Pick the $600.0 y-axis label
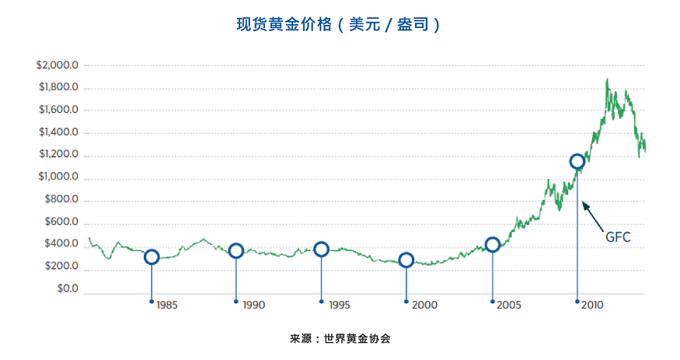point(61,222)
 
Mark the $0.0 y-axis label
point(66,289)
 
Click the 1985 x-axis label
point(167,306)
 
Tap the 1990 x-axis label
point(253,306)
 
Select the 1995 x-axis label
point(339,306)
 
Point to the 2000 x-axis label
point(424,306)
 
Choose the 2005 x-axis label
point(509,306)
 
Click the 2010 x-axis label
point(594,306)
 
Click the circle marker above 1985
point(152,257)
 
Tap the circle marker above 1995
point(321,249)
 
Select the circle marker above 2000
point(406,260)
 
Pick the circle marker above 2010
point(577,162)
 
